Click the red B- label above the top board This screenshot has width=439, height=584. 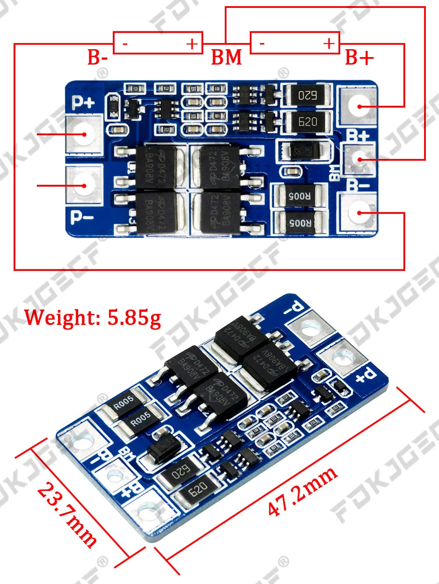point(97,58)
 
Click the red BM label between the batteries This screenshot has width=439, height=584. point(227,58)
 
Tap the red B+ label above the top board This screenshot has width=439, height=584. point(359,58)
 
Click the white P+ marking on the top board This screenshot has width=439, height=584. point(83,102)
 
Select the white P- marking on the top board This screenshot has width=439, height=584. point(82,217)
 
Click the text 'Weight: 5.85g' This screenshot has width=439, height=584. point(93,317)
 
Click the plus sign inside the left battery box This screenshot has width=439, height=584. point(192,43)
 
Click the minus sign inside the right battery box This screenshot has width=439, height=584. point(262,43)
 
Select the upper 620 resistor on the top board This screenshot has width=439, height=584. point(307,95)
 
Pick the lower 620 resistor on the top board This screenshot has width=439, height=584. point(307,122)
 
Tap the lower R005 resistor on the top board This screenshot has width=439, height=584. point(299,223)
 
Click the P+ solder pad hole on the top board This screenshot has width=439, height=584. point(83,133)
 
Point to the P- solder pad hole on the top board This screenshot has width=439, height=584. point(83,185)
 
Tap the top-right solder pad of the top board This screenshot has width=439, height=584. point(358,106)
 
